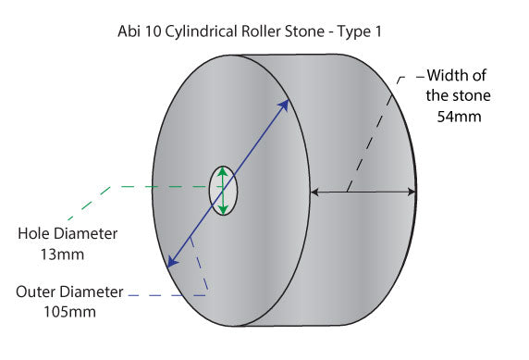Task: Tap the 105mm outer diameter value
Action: (69, 311)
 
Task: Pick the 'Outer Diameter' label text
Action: (69, 292)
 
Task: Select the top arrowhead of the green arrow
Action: (223, 172)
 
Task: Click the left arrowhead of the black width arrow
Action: (315, 192)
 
